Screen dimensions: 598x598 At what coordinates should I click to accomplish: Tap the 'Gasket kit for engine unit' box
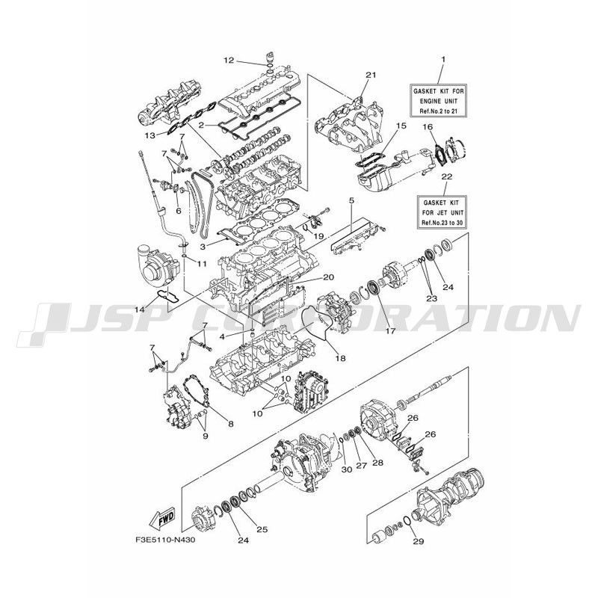pyautogui.click(x=439, y=101)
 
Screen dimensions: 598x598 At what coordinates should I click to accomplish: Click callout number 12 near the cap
pyautogui.click(x=229, y=61)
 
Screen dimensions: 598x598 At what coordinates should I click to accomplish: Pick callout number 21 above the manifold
pyautogui.click(x=371, y=75)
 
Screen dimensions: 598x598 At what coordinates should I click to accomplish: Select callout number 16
pyautogui.click(x=428, y=126)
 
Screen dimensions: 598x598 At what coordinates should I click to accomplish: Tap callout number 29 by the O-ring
pyautogui.click(x=419, y=540)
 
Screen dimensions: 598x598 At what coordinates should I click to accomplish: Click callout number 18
pyautogui.click(x=340, y=358)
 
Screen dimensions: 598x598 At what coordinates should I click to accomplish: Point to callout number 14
pyautogui.click(x=140, y=309)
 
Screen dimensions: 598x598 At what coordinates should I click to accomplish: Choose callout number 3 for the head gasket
pyautogui.click(x=203, y=247)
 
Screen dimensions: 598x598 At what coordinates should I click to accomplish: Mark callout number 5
pyautogui.click(x=351, y=200)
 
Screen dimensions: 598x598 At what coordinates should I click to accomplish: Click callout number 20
pyautogui.click(x=329, y=277)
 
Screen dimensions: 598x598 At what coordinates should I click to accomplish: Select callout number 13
pyautogui.click(x=150, y=135)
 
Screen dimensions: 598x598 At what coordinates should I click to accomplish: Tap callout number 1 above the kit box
pyautogui.click(x=443, y=59)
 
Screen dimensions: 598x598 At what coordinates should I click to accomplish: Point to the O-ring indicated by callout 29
pyautogui.click(x=407, y=521)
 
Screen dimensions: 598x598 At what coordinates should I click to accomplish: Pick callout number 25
pyautogui.click(x=262, y=529)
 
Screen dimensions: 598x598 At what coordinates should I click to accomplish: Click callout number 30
pyautogui.click(x=347, y=469)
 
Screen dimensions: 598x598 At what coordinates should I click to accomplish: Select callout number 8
pyautogui.click(x=230, y=423)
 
